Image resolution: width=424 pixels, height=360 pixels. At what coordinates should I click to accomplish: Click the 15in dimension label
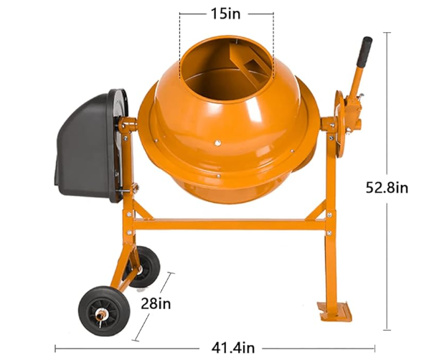[x=226, y=13]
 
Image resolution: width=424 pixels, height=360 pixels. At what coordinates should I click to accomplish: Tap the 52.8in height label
[x=388, y=188]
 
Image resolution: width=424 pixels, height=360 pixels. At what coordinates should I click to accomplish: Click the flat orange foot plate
[x=336, y=312]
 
